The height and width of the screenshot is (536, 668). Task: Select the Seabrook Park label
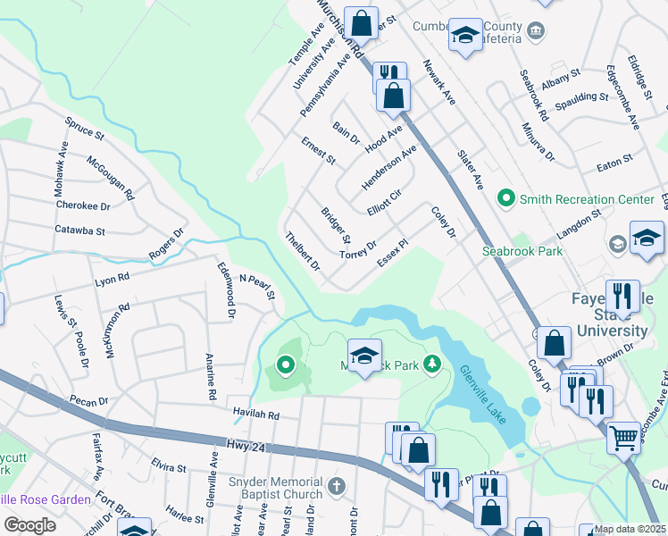(x=522, y=252)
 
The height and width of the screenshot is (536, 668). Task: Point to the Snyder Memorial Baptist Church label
(x=277, y=488)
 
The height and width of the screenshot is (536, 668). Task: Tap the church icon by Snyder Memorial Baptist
(x=336, y=487)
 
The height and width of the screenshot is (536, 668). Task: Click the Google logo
(x=29, y=524)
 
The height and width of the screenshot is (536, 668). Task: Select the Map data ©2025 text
(x=630, y=529)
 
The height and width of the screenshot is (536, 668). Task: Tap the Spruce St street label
(x=85, y=129)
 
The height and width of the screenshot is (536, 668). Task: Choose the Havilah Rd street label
(x=257, y=415)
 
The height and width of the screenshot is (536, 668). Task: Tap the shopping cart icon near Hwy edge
(x=623, y=438)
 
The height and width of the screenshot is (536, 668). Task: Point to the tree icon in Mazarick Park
(x=432, y=363)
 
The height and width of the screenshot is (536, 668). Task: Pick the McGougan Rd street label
(x=110, y=177)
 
